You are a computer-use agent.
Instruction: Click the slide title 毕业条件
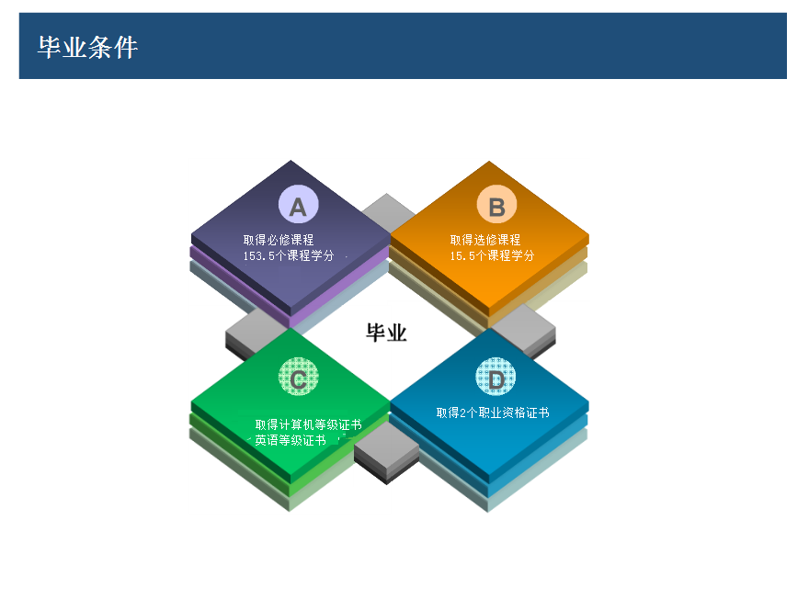87,48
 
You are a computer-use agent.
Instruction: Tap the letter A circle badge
298,205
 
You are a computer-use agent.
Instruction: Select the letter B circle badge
496,205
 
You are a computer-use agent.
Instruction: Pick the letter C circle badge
298,377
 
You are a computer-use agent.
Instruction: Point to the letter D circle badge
496,377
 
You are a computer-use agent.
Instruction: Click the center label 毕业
386,333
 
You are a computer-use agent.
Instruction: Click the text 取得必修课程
279,240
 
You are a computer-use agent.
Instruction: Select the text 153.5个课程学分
289,255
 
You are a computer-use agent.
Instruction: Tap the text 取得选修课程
485,240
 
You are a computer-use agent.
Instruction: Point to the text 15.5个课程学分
492,255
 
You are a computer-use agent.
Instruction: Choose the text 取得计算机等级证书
309,424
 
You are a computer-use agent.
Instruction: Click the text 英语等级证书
291,440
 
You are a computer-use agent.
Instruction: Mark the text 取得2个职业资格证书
493,413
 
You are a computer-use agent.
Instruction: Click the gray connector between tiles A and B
388,210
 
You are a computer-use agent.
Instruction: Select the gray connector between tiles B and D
525,329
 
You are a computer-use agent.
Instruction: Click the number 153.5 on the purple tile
259,255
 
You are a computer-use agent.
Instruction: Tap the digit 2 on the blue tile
462,413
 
